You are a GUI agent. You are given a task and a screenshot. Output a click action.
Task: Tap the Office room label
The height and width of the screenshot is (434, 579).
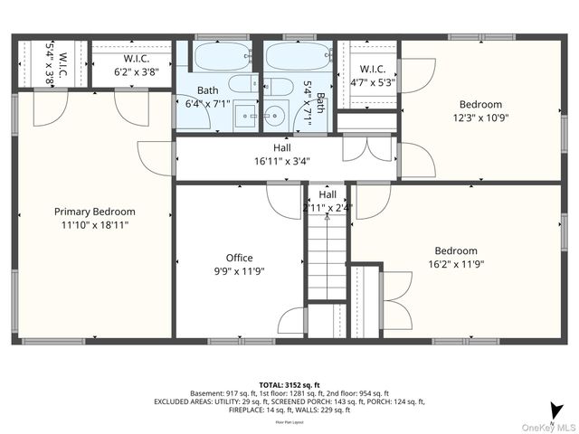point(239,258)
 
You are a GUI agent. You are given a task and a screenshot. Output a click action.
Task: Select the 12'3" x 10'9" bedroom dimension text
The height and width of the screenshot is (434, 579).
point(479,118)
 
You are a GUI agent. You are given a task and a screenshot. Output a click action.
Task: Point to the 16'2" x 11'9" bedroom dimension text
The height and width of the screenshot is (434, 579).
point(480,264)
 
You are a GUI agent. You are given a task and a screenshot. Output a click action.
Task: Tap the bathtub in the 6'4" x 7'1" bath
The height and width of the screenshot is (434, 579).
point(221,57)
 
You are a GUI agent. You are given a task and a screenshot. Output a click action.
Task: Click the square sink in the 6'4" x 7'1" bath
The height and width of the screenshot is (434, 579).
point(245,116)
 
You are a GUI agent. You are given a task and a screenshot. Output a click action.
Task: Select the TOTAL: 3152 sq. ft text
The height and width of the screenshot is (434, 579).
point(289,383)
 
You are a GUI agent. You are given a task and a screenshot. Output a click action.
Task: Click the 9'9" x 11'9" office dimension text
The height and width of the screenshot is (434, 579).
point(239,270)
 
